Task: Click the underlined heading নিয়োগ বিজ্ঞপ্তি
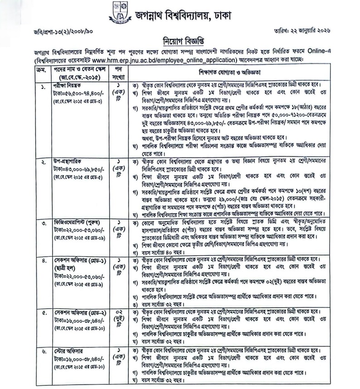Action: click(180, 39)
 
